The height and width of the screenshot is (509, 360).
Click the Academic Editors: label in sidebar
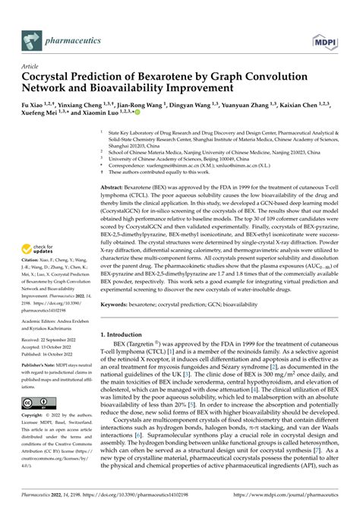coord(43,321)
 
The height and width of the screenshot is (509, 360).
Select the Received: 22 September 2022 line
coord(57,343)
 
